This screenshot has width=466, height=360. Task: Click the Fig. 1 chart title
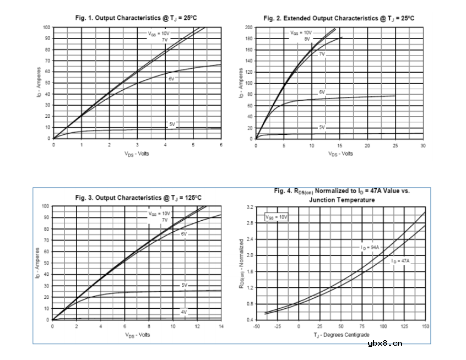(137, 18)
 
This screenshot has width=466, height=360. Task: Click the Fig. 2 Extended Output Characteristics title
(339, 18)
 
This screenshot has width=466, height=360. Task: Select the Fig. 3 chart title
(138, 198)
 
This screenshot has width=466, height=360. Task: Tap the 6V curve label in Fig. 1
(171, 79)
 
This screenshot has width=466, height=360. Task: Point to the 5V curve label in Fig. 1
(172, 124)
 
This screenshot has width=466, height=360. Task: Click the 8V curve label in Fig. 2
(307, 39)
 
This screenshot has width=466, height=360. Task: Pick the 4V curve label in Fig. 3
(184, 312)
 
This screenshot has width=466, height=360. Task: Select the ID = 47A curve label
(400, 260)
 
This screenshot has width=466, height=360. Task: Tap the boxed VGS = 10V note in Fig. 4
(277, 217)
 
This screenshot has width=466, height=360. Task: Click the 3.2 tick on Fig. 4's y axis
(250, 207)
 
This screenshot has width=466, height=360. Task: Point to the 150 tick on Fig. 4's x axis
(425, 326)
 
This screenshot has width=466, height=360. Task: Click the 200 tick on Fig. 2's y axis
(249, 27)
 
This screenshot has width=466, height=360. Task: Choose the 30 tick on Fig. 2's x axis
(422, 145)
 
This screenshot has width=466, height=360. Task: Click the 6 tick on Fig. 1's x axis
(221, 145)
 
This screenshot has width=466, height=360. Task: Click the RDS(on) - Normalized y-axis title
(241, 263)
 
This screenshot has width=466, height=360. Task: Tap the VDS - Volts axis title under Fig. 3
(137, 335)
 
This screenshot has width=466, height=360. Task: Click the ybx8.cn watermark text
(385, 344)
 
